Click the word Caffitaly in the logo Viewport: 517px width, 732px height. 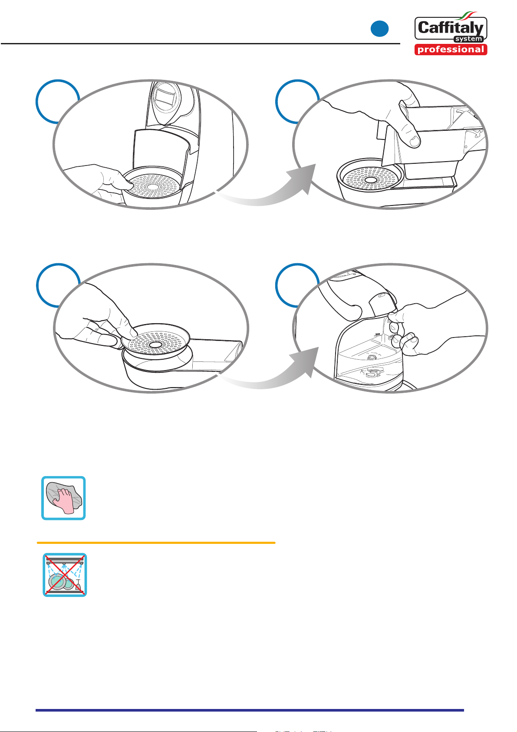[x=451, y=28]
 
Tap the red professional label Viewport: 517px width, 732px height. [x=451, y=50]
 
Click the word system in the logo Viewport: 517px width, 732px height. [x=469, y=39]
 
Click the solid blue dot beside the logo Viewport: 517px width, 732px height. [x=379, y=29]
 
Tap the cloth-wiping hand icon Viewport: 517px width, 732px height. [x=63, y=498]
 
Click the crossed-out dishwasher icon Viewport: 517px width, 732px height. [x=65, y=575]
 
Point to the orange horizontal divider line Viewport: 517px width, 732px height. [x=156, y=543]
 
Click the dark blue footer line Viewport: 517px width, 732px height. [x=250, y=710]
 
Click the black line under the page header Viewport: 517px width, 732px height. [x=200, y=43]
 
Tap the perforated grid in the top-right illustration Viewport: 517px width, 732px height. [x=370, y=179]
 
